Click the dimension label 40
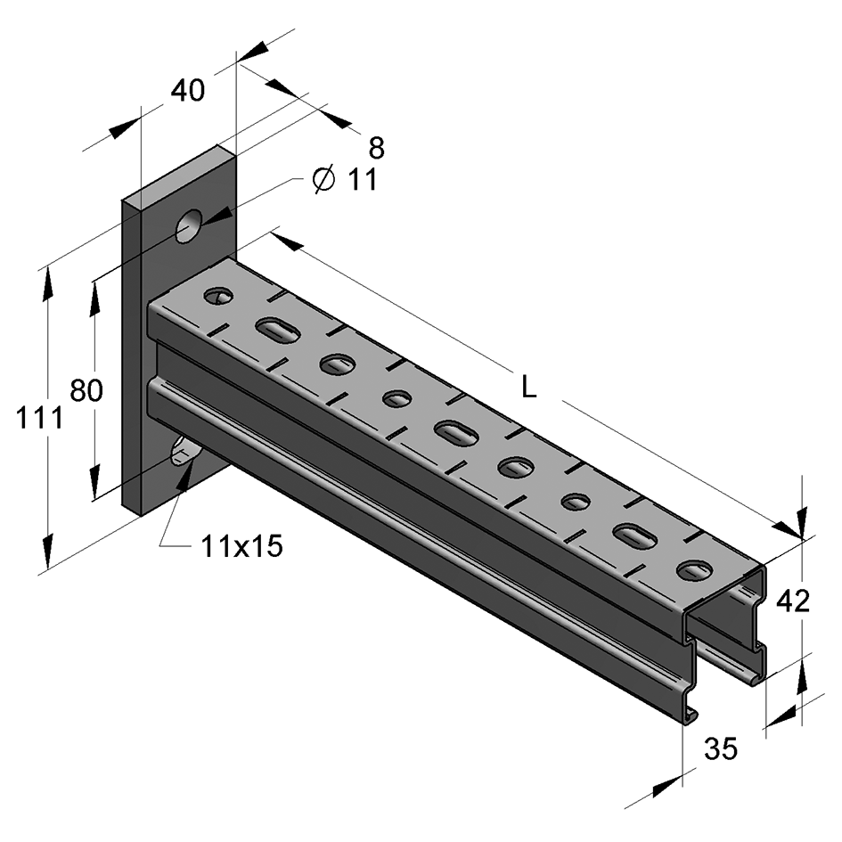click(188, 91)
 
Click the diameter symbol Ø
click(323, 180)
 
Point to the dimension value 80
click(86, 391)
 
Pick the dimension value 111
click(39, 418)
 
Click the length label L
click(528, 387)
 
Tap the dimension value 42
click(793, 601)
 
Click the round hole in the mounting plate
click(189, 226)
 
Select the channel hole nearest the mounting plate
click(218, 296)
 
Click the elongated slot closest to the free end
click(634, 535)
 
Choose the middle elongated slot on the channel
click(455, 432)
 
